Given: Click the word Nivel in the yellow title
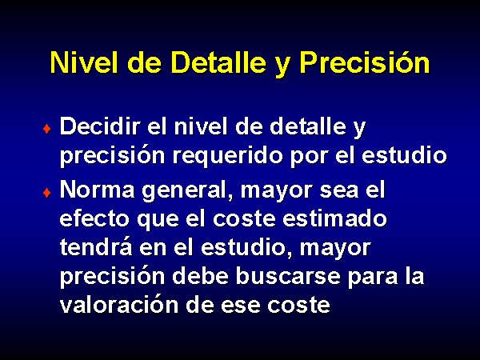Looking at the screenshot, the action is pos(84,62).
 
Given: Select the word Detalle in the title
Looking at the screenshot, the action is pos(218,62).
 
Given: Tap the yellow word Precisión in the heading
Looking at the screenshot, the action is pos(365,62).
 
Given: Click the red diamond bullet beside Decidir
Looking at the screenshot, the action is pos(47,129).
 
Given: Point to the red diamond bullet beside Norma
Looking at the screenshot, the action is pos(47,193).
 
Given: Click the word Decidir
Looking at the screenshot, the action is pos(100,126).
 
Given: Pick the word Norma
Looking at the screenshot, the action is pos(97,190).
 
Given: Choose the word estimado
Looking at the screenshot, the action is pos(334,219).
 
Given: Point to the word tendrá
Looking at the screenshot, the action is pos(96,246).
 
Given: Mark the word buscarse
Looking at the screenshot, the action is pos(288,276).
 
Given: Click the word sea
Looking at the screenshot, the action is pos(339,191).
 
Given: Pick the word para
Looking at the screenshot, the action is pos(373,278).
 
